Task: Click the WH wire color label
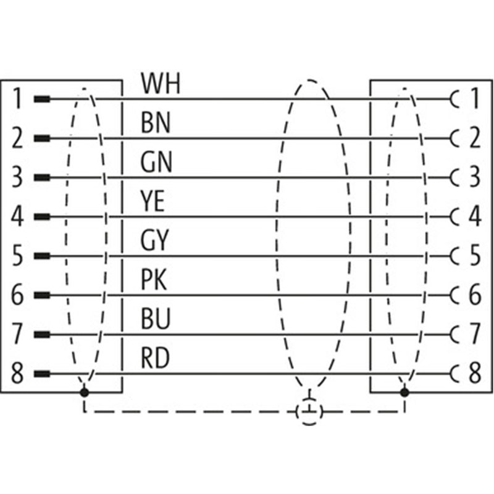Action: coord(160,84)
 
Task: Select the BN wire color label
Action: coord(156,124)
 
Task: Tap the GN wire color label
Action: coord(156,163)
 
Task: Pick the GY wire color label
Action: coord(155,241)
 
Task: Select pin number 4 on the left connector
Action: coord(18,217)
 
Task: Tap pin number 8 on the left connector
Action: coord(18,374)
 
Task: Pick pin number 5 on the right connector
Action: coord(474,256)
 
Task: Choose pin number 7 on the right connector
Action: coord(474,335)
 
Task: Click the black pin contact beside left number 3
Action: coord(41,177)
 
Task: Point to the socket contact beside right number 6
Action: coord(456,295)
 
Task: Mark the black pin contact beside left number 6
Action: coord(41,295)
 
